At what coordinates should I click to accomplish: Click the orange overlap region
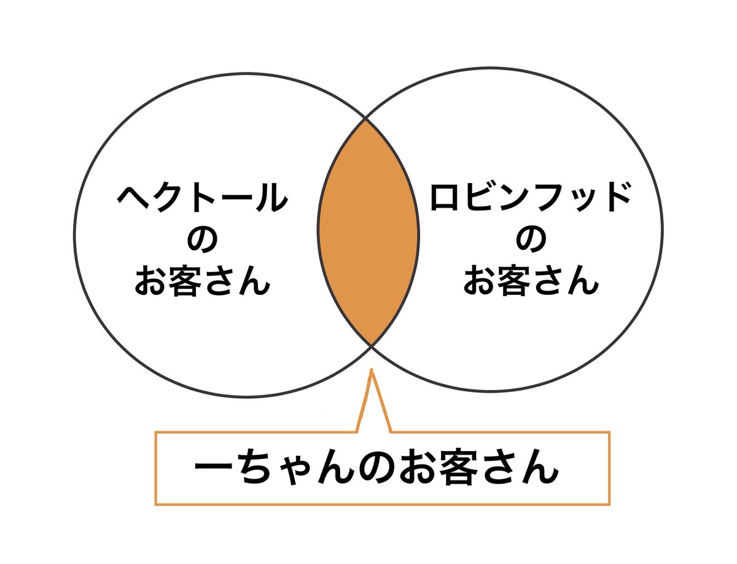368,232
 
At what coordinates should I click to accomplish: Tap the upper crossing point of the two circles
367,118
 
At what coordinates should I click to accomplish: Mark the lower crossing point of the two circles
371,346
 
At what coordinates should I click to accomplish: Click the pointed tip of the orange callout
372,370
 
